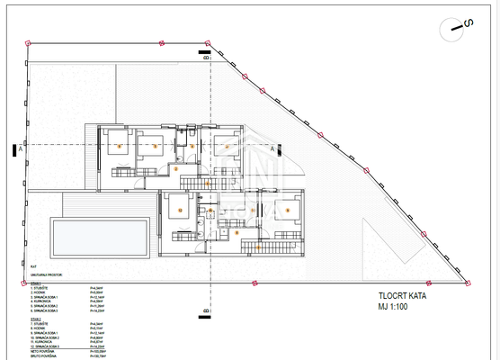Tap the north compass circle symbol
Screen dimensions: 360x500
[459, 28]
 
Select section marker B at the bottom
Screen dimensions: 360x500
[206, 312]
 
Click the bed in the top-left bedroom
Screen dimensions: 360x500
[118, 143]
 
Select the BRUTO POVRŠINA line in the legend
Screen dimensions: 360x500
[45, 357]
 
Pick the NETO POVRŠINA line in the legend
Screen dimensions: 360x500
[44, 352]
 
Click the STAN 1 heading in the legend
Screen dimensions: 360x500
[36, 282]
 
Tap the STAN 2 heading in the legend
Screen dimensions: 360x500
[36, 318]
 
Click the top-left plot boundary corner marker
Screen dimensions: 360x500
[27, 42]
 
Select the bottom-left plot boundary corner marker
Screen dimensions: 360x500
[27, 282]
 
